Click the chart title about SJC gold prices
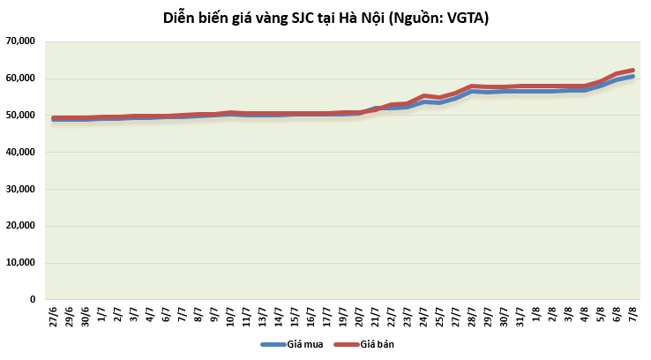click(325, 18)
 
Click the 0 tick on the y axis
click(31, 300)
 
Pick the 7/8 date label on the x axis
click(632, 315)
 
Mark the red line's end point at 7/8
click(632, 70)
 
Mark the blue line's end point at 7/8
click(632, 76)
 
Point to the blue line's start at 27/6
click(54, 119)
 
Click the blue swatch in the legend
click(270, 344)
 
